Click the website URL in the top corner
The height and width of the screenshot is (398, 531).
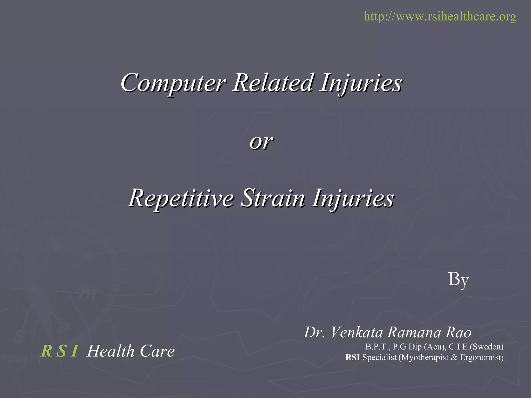click(440, 16)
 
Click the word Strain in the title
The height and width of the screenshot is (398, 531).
click(273, 198)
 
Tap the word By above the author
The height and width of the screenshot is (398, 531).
click(458, 280)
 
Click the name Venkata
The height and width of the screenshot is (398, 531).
click(357, 332)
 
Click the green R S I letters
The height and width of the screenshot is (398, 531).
click(60, 351)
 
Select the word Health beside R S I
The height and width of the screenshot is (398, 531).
click(111, 351)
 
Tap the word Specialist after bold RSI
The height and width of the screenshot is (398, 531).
click(379, 358)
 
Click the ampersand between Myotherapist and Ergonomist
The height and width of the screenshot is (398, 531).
click(454, 358)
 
